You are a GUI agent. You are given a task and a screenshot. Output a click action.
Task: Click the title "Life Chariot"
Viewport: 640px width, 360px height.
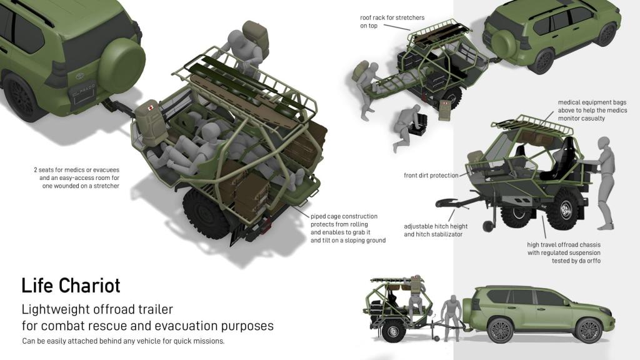tap(71, 285)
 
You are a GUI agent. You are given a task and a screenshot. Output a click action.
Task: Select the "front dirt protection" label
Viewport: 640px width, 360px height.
tap(431, 176)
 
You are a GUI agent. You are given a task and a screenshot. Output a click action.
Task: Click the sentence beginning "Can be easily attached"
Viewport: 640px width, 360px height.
tap(123, 341)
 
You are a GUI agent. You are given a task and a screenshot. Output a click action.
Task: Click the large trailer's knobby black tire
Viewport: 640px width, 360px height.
tap(205, 215)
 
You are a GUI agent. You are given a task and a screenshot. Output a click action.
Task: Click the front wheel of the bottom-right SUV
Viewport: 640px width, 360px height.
tap(588, 330)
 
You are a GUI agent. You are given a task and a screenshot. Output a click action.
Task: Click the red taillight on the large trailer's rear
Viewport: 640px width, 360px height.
tap(266, 222)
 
